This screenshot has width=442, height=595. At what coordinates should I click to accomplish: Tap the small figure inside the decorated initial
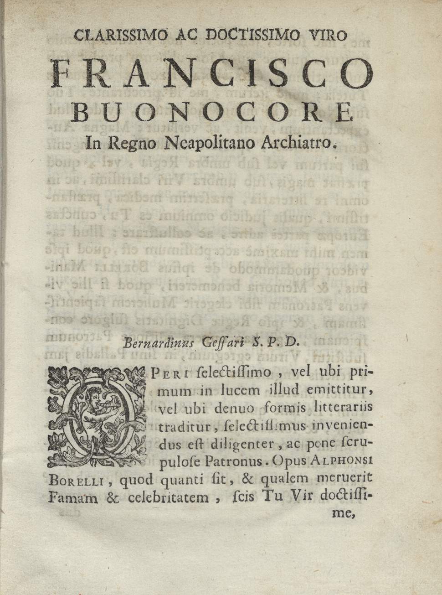(x=96, y=401)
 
